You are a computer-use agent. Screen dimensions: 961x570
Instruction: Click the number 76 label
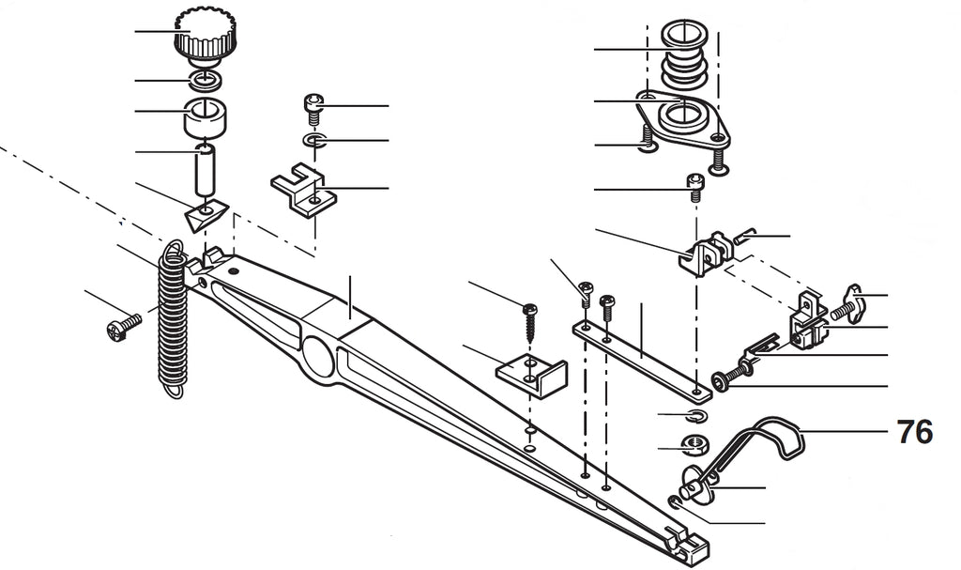[x=915, y=432]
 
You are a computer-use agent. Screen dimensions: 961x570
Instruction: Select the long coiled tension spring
[x=172, y=319]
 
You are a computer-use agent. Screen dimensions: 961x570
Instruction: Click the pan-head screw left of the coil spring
[x=124, y=326]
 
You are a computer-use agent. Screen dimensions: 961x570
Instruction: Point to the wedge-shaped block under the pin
[x=206, y=215]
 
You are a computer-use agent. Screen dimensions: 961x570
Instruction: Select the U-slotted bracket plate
[x=303, y=189]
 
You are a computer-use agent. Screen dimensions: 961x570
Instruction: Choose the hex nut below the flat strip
[x=694, y=444]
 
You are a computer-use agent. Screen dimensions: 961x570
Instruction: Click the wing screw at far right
[x=847, y=302]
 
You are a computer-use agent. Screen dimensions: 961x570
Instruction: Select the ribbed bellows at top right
[x=684, y=55]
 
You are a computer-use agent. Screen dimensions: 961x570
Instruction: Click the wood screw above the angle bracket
[x=529, y=321]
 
